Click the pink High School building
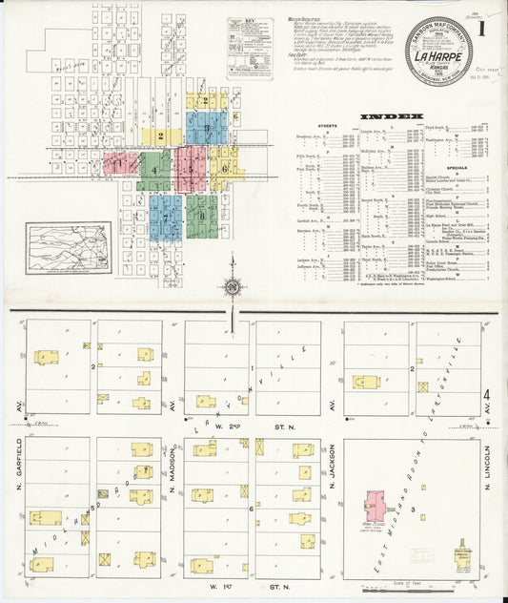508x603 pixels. tap(376, 506)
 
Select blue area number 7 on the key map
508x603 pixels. tap(165, 217)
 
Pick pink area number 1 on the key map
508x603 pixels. tap(119, 163)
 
